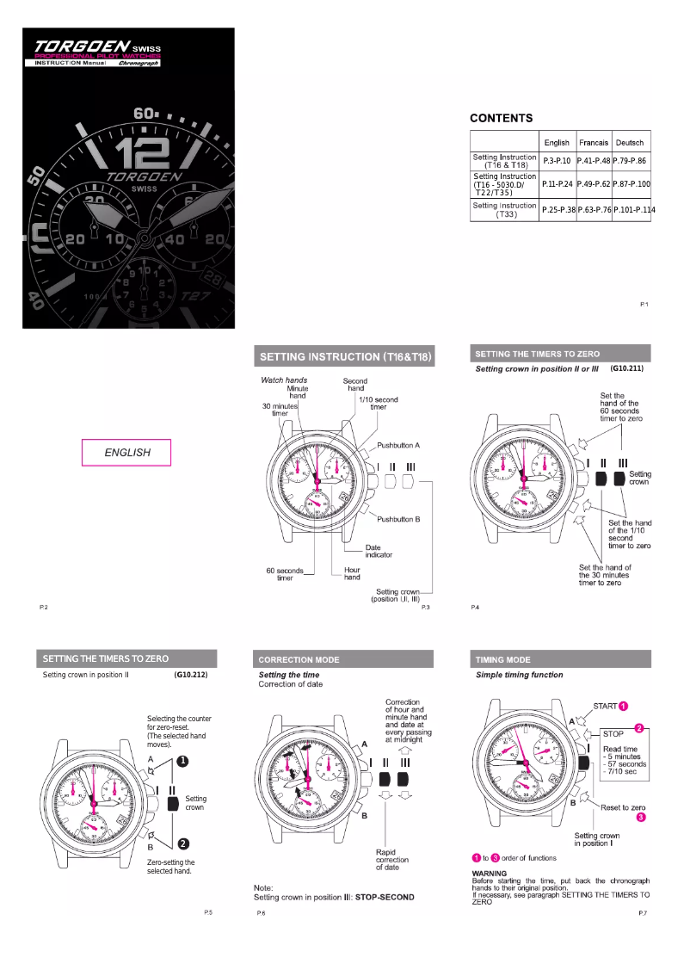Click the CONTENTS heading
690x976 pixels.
[x=501, y=118]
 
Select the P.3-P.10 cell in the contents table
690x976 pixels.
[x=557, y=161]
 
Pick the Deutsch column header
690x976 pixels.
[x=629, y=142]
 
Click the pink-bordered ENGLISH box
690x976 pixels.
[x=126, y=453]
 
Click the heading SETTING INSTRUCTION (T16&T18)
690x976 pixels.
[x=345, y=356]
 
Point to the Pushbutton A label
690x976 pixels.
[x=398, y=445]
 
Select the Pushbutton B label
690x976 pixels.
[x=398, y=519]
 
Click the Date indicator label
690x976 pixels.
[x=379, y=551]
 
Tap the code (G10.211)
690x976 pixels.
[x=626, y=368]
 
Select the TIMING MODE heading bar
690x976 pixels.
[x=561, y=659]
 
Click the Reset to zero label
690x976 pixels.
[x=623, y=807]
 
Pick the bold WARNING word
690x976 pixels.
[x=490, y=874]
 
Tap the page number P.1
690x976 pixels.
[x=644, y=305]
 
